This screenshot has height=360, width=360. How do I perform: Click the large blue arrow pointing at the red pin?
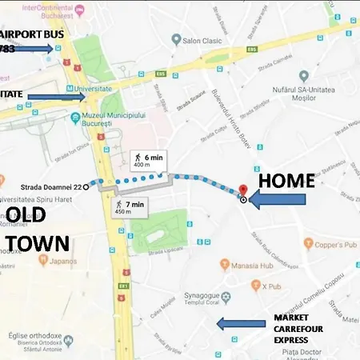tap(281, 200)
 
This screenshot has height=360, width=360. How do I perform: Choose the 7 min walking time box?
tap(130, 208)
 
